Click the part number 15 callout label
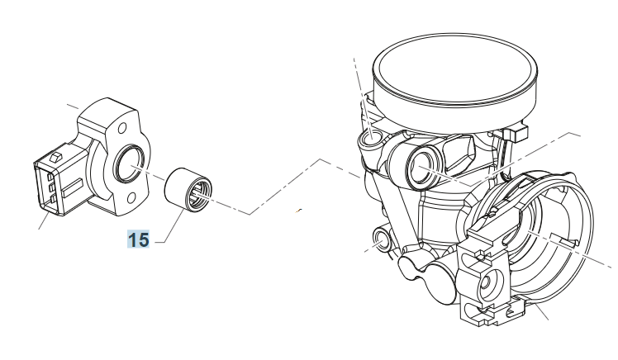[138, 239]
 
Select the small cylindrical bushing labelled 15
[188, 188]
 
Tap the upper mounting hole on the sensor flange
[122, 128]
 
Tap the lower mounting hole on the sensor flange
[131, 197]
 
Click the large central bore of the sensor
[129, 163]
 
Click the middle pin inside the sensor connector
[50, 187]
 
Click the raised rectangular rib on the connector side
[72, 187]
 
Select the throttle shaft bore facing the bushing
[424, 166]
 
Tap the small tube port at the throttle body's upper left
[371, 138]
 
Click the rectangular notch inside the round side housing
[563, 240]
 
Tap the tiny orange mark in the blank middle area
[299, 211]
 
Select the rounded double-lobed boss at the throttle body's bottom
[427, 277]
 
